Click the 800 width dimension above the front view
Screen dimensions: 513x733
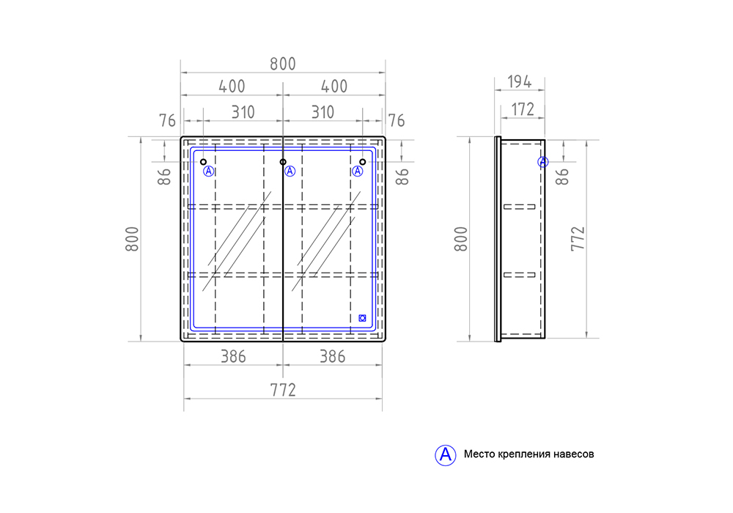[282, 64]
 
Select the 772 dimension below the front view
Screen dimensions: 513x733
[282, 390]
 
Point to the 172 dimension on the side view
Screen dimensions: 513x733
[522, 110]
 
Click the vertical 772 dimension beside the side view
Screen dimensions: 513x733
[577, 239]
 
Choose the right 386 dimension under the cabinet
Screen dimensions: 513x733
[332, 357]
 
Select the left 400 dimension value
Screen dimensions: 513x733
[232, 86]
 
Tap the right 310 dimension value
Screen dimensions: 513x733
[322, 112]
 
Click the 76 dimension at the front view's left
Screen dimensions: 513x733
[168, 120]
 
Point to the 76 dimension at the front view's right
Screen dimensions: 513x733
[396, 120]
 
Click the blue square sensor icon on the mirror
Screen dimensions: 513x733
[362, 318]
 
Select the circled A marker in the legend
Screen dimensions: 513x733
[444, 454]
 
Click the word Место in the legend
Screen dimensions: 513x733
[479, 454]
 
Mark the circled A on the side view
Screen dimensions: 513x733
[542, 162]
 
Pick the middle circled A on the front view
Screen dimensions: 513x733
[290, 171]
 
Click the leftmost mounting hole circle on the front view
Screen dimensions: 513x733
[204, 162]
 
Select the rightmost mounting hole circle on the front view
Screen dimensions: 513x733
[362, 162]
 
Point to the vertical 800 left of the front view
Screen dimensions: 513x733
[133, 239]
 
